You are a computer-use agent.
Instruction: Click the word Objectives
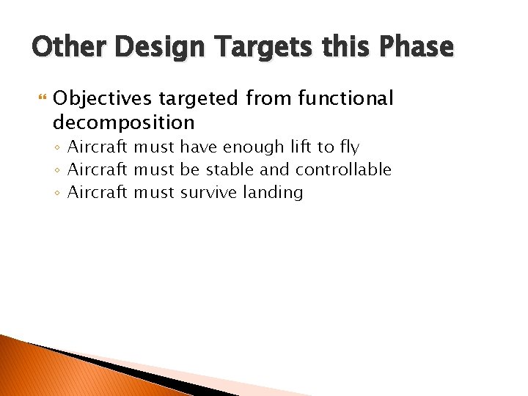pyautogui.click(x=102, y=98)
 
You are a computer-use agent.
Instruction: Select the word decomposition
pyautogui.click(x=124, y=121)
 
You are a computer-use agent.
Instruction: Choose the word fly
pyautogui.click(x=348, y=147)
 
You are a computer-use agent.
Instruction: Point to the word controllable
pyautogui.click(x=343, y=169)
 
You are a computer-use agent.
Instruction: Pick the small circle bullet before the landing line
pyautogui.click(x=59, y=193)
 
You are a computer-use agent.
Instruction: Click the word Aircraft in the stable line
pyautogui.click(x=98, y=169)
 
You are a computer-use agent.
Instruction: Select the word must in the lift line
pyautogui.click(x=154, y=147)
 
